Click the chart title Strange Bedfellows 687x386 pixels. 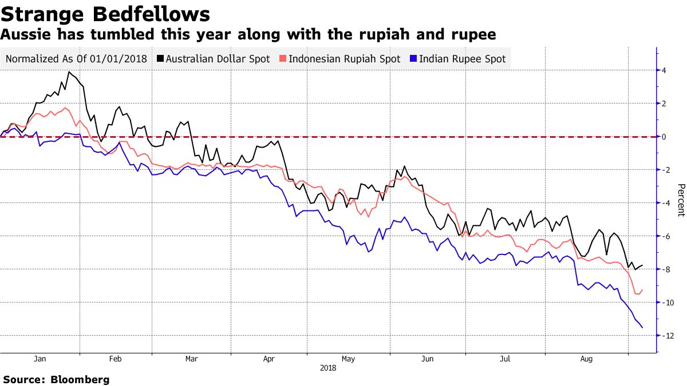[104, 13]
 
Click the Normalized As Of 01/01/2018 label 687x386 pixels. [76, 58]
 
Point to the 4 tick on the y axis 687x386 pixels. [663, 71]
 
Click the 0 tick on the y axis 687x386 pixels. [663, 137]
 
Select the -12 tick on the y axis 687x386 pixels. [666, 336]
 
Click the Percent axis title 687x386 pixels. [681, 200]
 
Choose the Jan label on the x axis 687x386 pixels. [40, 359]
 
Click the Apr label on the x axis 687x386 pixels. [269, 359]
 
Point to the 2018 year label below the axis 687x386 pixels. [327, 368]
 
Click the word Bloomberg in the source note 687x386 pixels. [80, 379]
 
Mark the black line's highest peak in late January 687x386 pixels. [69, 72]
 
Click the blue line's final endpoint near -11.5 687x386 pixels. [642, 327]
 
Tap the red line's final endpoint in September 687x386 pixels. [642, 289]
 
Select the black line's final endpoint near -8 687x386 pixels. [642, 265]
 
